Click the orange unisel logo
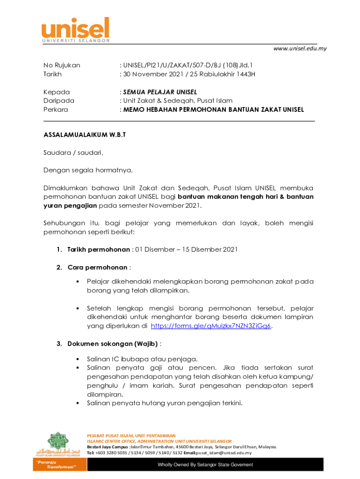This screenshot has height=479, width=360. (x=76, y=29)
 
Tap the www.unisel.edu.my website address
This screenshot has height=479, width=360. (x=299, y=49)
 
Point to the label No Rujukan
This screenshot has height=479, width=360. (x=62, y=65)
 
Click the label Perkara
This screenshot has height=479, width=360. (x=56, y=109)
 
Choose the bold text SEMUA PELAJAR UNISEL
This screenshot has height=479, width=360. (x=160, y=92)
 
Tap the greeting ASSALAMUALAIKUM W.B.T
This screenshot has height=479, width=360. (x=85, y=135)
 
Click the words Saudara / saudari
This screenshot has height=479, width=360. (x=73, y=152)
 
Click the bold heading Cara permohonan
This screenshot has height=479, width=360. (x=97, y=268)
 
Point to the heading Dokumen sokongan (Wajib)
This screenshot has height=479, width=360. (x=113, y=344)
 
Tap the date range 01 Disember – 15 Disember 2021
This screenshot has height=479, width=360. (x=186, y=249)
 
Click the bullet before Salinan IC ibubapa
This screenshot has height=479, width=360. (x=76, y=359)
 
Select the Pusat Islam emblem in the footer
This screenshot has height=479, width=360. (x=56, y=444)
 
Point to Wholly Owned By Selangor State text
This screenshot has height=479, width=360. (x=205, y=464)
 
